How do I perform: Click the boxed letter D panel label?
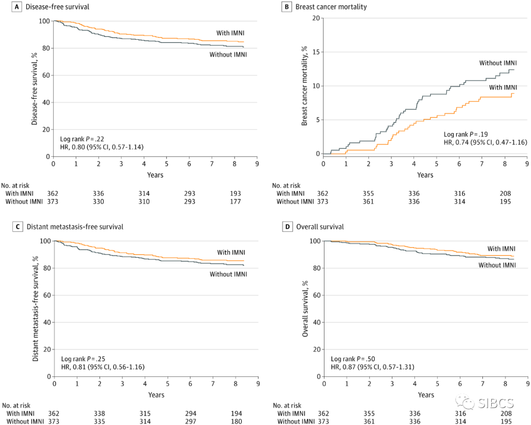pyautogui.click(x=288, y=227)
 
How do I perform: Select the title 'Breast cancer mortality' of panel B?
pyautogui.click(x=331, y=7)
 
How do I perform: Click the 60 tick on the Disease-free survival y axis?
pyautogui.click(x=46, y=75)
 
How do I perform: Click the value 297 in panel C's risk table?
pyautogui.click(x=189, y=421)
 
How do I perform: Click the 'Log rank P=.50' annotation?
pyautogui.click(x=353, y=359)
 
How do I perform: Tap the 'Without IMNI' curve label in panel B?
pyautogui.click(x=498, y=63)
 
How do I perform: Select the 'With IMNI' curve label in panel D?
pyautogui.click(x=501, y=249)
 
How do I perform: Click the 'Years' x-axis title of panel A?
pyautogui.click(x=155, y=175)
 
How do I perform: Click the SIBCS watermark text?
pyautogui.click(x=496, y=404)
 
